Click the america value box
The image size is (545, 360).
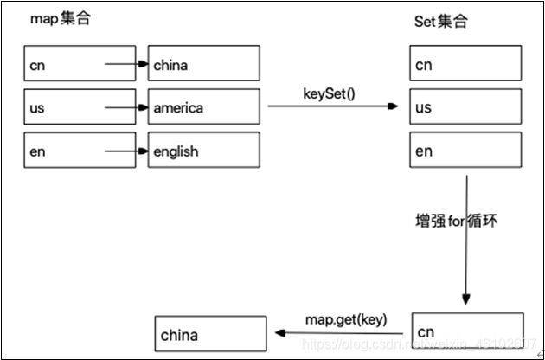[x=203, y=107]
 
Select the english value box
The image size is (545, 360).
[x=203, y=151]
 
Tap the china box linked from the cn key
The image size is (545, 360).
[x=203, y=64]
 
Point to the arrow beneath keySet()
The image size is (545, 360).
[x=333, y=106]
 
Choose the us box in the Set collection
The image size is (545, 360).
[x=466, y=107]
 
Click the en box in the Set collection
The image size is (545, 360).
[x=466, y=151]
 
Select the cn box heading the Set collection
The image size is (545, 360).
[x=466, y=64]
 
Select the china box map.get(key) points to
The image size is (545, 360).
[x=210, y=334]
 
